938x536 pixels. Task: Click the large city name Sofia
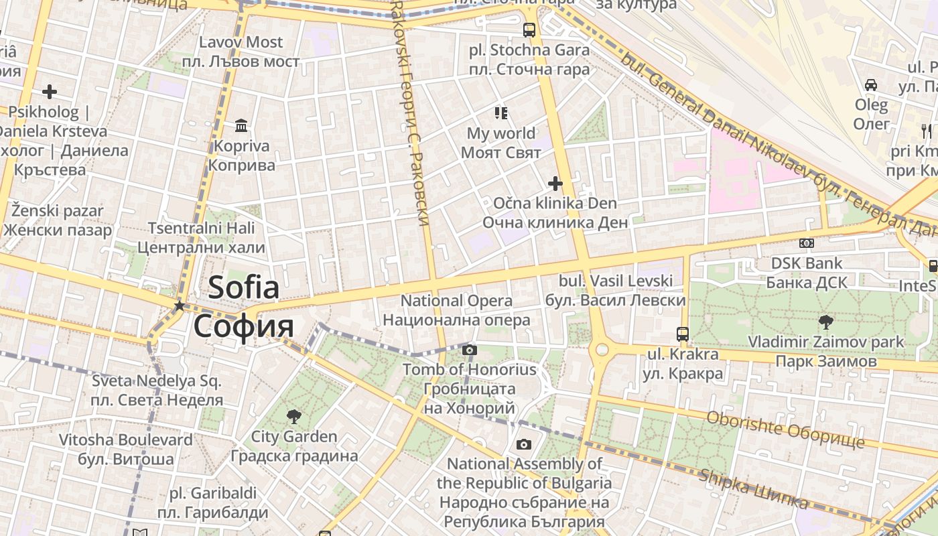pyautogui.click(x=244, y=288)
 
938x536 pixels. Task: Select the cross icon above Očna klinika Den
pyautogui.click(x=555, y=183)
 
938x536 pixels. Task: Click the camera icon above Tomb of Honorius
pyautogui.click(x=470, y=349)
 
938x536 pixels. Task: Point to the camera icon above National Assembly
pyautogui.click(x=524, y=444)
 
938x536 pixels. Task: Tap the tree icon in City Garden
pyautogui.click(x=293, y=417)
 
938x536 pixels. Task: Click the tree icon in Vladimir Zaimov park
pyautogui.click(x=826, y=322)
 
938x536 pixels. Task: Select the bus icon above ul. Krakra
pyautogui.click(x=682, y=334)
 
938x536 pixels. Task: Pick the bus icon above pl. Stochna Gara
pyautogui.click(x=529, y=30)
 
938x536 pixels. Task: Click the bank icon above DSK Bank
pyautogui.click(x=807, y=243)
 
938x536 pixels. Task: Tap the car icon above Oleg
pyautogui.click(x=871, y=85)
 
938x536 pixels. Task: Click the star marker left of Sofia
pyautogui.click(x=179, y=306)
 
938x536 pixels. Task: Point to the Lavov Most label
pyautogui.click(x=241, y=42)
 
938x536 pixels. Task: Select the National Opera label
pyautogui.click(x=456, y=301)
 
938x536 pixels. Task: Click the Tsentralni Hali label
pyautogui.click(x=201, y=228)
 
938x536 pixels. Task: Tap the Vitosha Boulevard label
pyautogui.click(x=125, y=440)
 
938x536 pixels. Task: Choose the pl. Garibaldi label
pyautogui.click(x=212, y=494)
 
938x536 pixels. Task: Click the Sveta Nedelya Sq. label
pyautogui.click(x=157, y=382)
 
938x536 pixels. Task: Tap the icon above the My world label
pyautogui.click(x=500, y=113)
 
